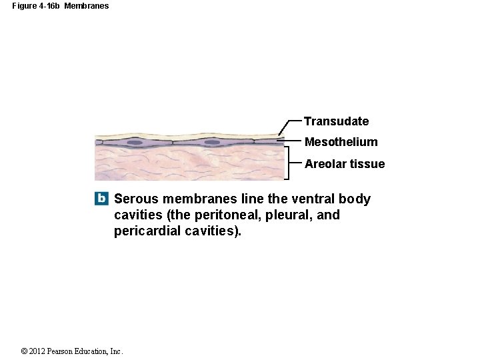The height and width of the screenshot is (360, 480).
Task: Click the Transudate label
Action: coord(336,121)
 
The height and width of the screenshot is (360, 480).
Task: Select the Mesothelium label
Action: coord(341,142)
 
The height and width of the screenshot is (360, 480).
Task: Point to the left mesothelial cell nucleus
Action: coord(135,142)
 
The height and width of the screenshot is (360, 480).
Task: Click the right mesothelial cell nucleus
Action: coord(212,142)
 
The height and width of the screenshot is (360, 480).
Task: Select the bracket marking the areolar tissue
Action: coord(287,164)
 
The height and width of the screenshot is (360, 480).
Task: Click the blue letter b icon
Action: coord(101,199)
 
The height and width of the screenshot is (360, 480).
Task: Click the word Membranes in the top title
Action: coord(86,6)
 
